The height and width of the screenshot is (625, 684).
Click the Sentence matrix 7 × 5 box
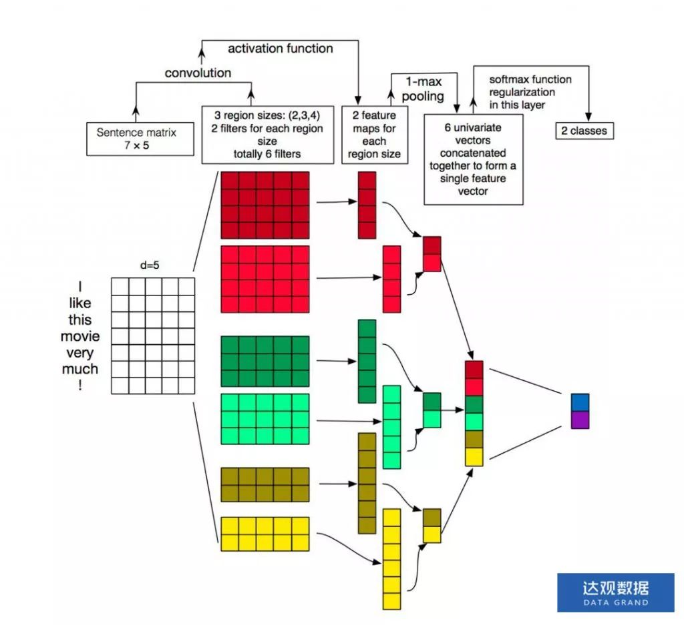click(x=136, y=139)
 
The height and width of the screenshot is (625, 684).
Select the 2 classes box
click(x=584, y=131)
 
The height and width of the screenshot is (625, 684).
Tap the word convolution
click(x=198, y=73)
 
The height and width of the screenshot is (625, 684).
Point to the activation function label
click(x=280, y=49)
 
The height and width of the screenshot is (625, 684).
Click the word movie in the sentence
click(x=79, y=336)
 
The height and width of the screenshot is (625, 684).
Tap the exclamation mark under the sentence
click(x=79, y=385)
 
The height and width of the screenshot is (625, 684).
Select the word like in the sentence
click(x=79, y=303)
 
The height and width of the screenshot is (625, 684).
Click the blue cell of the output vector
click(x=580, y=402)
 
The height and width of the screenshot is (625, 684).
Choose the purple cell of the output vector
click(x=580, y=420)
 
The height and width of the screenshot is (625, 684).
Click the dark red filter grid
click(x=265, y=205)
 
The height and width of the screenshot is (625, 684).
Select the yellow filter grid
click(x=265, y=534)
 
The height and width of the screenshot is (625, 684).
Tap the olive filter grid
click(x=265, y=484)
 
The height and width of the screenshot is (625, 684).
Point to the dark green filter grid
click(x=265, y=361)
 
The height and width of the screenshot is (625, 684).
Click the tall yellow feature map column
click(x=391, y=558)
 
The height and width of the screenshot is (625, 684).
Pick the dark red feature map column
click(x=367, y=205)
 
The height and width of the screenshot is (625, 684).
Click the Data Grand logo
click(x=615, y=592)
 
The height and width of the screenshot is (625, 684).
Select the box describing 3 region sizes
click(x=267, y=134)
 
